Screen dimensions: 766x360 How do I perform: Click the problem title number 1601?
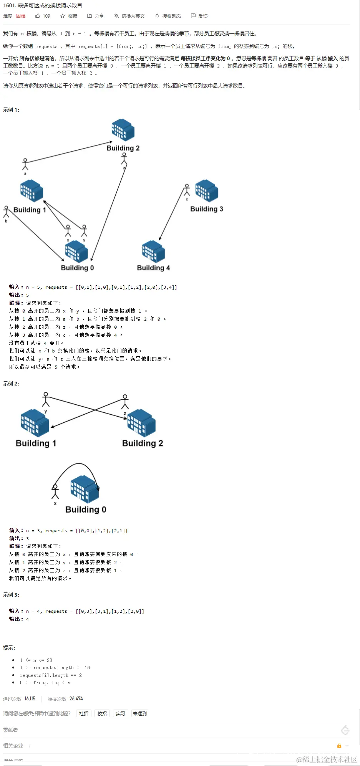pyautogui.click(x=9, y=5)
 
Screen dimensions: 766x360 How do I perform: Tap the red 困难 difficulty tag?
pyautogui.click(x=21, y=16)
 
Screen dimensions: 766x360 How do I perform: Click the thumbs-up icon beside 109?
pyautogui.click(x=38, y=16)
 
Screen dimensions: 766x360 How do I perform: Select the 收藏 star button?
pyautogui.click(x=68, y=16)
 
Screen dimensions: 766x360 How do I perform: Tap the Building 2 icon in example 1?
pyautogui.click(x=123, y=130)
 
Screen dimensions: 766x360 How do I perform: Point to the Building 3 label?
pyautogui.click(x=206, y=209)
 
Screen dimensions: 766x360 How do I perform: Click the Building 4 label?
pyautogui.click(x=153, y=268)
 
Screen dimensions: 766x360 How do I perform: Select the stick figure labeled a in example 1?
pyautogui.click(x=25, y=164)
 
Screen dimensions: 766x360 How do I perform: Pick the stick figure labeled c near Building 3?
pyautogui.click(x=187, y=190)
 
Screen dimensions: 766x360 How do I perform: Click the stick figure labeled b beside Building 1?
pyautogui.click(x=6, y=212)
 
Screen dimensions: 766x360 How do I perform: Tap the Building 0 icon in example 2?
pyautogui.click(x=85, y=489)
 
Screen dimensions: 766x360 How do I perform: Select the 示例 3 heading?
pyautogui.click(x=11, y=595)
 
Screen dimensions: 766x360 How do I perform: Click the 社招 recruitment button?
pyautogui.click(x=83, y=713)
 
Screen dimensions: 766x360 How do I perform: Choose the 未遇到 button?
pyautogui.click(x=139, y=713)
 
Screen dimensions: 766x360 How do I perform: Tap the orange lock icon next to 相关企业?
pyautogui.click(x=339, y=746)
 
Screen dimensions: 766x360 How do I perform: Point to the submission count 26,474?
pyautogui.click(x=76, y=698)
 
